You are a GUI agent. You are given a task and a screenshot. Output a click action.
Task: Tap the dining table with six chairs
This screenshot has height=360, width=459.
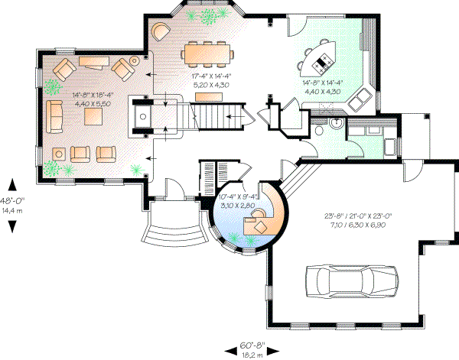click(207, 53)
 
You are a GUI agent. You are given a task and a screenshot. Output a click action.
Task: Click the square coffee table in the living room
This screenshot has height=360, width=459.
click(94, 115)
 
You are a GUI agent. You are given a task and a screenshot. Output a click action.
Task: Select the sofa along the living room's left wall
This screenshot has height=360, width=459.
click(54, 115)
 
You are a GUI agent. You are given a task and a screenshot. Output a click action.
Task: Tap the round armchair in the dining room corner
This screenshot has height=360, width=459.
click(161, 31)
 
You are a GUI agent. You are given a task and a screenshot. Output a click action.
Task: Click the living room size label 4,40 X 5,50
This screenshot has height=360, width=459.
click(91, 102)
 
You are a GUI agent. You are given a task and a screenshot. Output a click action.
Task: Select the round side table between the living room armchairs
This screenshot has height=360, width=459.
click(136, 60)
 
